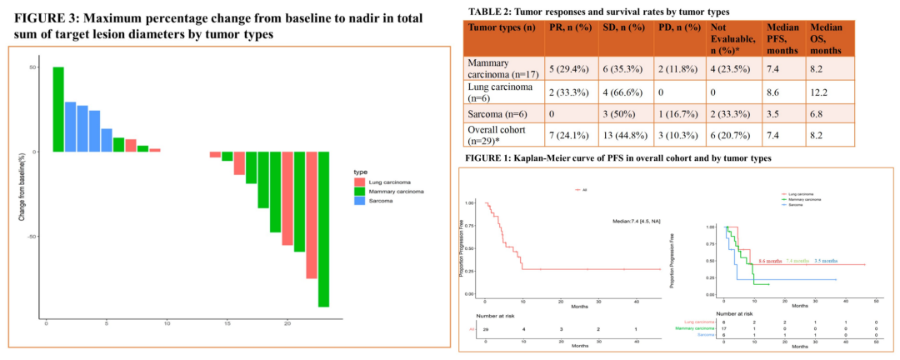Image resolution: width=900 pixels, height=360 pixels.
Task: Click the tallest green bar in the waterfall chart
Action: pos(58,109)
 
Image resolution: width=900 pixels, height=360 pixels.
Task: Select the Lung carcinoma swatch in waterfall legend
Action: pos(358,182)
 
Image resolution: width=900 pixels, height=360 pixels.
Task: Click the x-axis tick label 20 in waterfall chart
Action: pos(287,324)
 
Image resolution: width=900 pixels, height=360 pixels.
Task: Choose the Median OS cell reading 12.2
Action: pos(826,90)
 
